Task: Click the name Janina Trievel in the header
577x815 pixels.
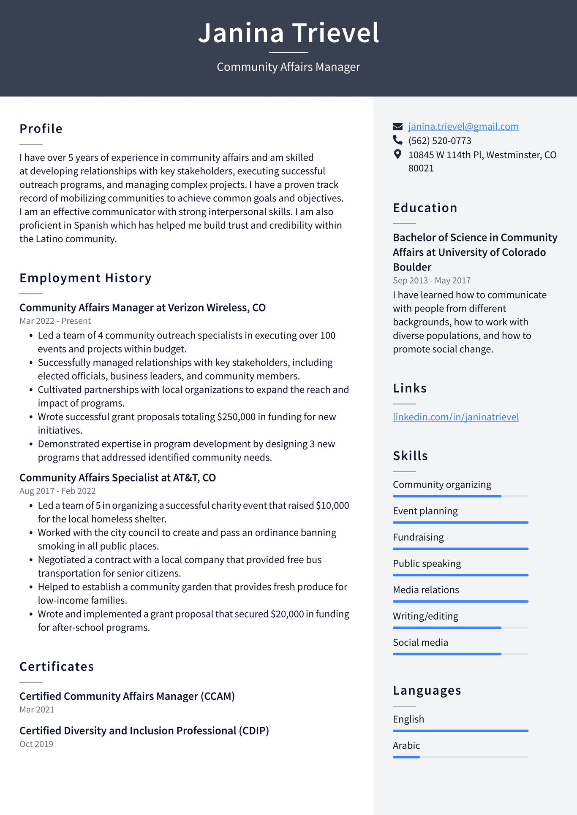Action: (x=288, y=33)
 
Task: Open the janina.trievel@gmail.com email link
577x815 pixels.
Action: (x=463, y=127)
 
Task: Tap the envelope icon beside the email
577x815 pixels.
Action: (x=397, y=127)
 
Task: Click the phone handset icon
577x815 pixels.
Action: (x=397, y=140)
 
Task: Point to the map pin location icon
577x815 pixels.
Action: (x=397, y=154)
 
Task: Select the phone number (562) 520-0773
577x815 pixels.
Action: (x=439, y=141)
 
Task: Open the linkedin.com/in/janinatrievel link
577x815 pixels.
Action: (x=455, y=417)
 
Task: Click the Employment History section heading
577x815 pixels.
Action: (x=85, y=278)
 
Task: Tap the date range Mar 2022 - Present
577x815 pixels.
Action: (x=55, y=321)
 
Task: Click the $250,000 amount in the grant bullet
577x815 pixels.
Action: (x=236, y=417)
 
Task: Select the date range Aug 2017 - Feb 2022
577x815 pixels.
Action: (x=57, y=491)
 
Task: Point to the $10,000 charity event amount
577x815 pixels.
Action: (x=332, y=506)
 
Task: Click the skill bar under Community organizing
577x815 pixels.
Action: (x=460, y=496)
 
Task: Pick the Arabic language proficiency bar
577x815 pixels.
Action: (x=460, y=757)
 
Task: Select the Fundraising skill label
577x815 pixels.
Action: (x=418, y=537)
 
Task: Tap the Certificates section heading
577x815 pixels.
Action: (x=57, y=667)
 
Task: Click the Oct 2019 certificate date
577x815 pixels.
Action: (x=36, y=744)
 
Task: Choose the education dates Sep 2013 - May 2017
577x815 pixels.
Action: (x=431, y=281)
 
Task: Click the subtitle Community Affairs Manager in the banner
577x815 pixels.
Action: (x=288, y=67)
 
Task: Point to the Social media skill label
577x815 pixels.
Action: (x=420, y=642)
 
